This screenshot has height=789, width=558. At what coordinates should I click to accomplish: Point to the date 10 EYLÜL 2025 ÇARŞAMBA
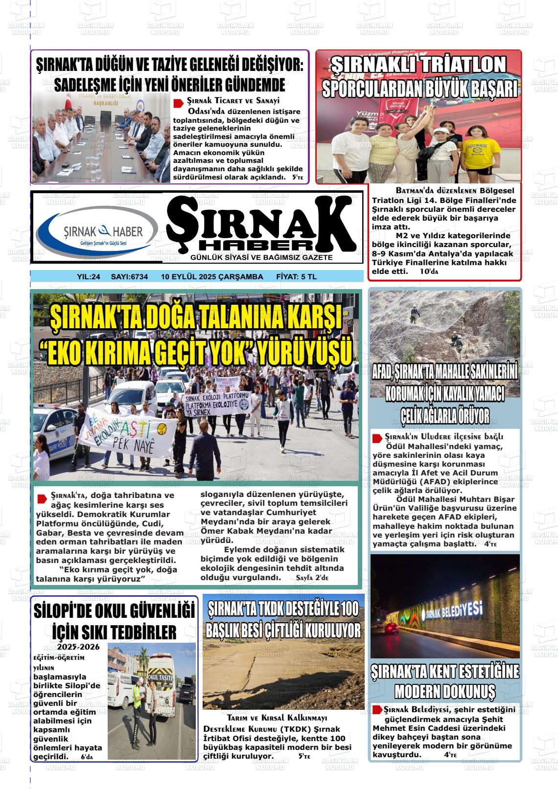point(212,277)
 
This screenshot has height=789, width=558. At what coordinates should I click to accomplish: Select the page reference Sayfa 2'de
point(312,578)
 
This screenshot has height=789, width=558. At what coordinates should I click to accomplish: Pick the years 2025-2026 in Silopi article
point(78,647)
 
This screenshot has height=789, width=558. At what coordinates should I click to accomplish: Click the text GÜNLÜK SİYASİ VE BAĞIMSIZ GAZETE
point(261,257)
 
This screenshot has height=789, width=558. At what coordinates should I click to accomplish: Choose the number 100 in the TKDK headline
point(348,609)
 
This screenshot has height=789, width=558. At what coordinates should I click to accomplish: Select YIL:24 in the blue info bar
point(89,277)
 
